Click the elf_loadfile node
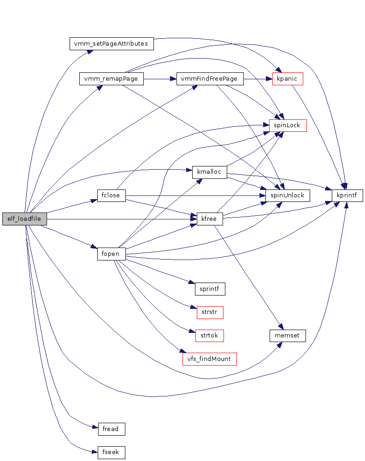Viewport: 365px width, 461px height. (24, 219)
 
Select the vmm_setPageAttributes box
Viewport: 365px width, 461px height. (111, 44)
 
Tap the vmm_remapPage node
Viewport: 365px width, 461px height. (112, 79)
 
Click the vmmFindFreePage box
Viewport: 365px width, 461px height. (210, 79)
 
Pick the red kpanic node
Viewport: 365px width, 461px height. (288, 79)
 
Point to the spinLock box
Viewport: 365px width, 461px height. (288, 125)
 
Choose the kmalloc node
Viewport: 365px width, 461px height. (210, 172)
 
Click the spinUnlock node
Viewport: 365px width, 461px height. (288, 195)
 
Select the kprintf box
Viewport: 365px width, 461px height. (347, 195)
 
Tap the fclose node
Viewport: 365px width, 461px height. (112, 195)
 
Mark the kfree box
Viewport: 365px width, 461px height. (210, 219)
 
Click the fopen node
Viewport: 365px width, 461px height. (112, 254)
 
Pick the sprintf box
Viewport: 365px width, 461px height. (210, 289)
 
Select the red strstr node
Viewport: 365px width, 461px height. (210, 312)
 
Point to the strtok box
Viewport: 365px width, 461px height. (210, 335)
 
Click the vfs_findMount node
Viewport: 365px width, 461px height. (210, 359)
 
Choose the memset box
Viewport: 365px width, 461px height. (288, 335)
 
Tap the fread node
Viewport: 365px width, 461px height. (112, 429)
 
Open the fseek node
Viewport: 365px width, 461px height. (112, 452)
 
